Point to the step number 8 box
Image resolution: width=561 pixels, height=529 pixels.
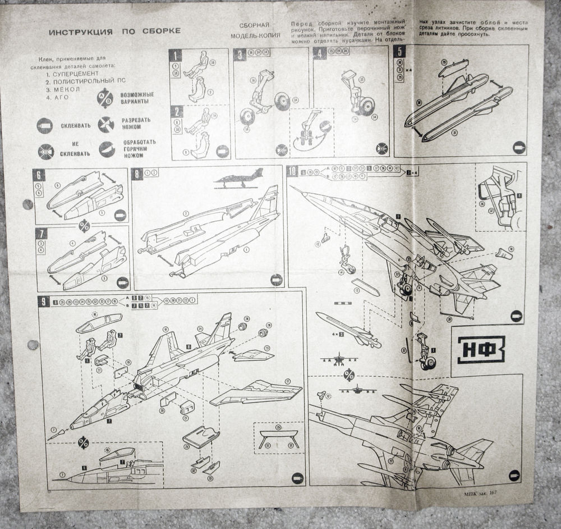pyautogui.click(x=137, y=174)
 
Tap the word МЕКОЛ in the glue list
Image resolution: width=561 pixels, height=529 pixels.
pyautogui.click(x=66, y=89)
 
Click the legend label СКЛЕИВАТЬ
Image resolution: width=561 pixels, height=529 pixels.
pyautogui.click(x=76, y=125)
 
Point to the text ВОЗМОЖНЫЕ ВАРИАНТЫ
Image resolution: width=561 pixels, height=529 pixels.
pyautogui.click(x=136, y=99)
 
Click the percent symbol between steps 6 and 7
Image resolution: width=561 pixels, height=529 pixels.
pyautogui.click(x=84, y=225)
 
